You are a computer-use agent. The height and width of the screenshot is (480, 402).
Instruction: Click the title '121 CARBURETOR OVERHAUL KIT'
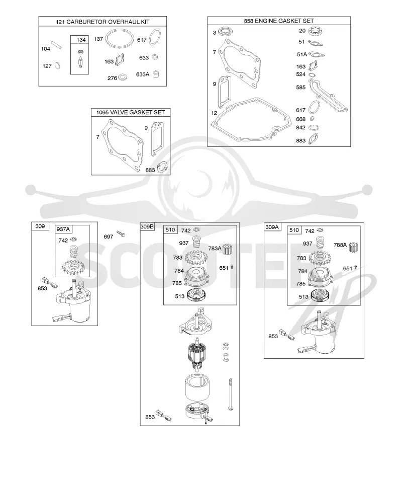pos(103,22)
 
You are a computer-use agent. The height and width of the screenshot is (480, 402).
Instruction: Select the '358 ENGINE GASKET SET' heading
pos(279,21)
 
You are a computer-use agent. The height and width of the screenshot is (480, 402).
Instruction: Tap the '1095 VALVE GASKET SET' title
pos(131,112)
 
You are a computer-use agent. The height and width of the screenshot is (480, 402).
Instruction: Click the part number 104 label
pos(46,49)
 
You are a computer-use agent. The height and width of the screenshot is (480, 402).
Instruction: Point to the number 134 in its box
pos(81,40)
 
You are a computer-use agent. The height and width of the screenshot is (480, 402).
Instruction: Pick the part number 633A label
pos(143,74)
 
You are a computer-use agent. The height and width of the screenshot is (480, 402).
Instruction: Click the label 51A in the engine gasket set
pos(301,54)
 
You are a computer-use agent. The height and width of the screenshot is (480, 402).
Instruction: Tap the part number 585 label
pos(301,88)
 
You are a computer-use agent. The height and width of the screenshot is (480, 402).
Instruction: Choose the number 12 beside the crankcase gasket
pos(214,113)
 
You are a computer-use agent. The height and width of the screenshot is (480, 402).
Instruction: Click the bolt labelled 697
pos(121,234)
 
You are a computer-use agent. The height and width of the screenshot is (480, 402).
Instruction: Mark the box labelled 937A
pos(72,251)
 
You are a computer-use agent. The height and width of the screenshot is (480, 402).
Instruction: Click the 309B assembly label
pos(147,226)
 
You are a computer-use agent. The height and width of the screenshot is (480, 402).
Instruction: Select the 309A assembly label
pos(272,227)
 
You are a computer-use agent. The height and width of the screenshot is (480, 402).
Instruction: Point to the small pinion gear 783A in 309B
pos(227,249)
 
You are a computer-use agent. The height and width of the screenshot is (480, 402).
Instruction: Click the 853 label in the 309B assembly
pos(150,417)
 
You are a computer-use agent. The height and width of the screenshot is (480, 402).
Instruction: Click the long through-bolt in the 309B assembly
pos(231,394)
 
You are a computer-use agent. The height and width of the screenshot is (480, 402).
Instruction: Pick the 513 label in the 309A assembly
pos(304,297)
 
